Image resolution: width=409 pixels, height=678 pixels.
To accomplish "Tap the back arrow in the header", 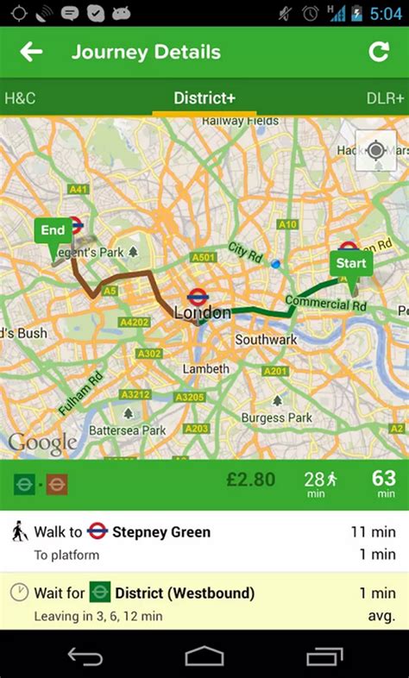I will tap(32, 53).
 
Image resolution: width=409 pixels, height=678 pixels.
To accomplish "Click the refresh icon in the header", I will tap(379, 53).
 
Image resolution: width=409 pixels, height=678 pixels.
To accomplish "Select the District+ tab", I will tap(204, 98).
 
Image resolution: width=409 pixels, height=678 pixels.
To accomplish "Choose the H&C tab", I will tap(19, 98).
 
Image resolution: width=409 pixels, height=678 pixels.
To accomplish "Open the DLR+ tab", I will tap(385, 98).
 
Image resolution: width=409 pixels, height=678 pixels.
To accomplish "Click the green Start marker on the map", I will tap(350, 264).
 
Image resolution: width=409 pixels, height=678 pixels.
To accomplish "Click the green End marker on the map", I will tap(53, 231).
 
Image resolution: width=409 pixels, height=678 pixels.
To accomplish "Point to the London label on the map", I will tap(202, 313).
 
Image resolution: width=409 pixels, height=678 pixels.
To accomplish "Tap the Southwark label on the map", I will tap(266, 340).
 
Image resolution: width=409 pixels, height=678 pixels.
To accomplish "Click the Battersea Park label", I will tap(129, 430).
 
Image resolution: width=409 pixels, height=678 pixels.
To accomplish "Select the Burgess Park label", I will tap(276, 417).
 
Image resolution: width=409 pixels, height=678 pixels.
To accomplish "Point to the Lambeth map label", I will tap(205, 369).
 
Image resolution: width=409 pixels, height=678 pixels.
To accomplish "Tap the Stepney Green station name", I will tap(160, 532).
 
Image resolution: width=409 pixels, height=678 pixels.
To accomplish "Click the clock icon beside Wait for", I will tap(19, 593).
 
